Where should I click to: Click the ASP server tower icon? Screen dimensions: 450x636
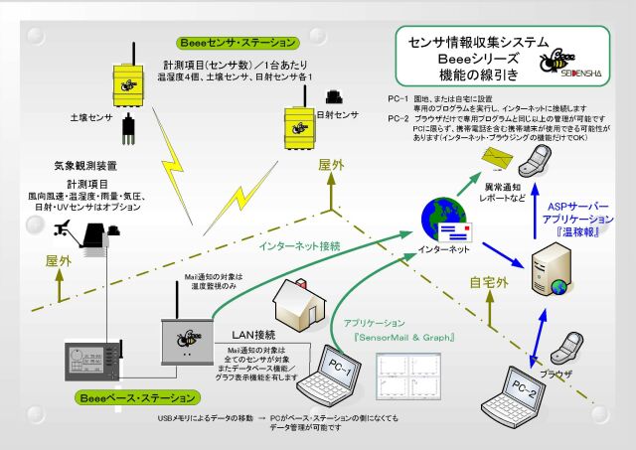(552, 270)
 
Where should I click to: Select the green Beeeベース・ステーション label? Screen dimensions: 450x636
(132, 397)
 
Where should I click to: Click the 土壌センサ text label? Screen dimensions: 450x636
(88, 116)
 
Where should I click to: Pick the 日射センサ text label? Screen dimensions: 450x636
(338, 115)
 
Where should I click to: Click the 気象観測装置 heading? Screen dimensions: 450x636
(85, 166)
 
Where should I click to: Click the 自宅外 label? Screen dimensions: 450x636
(488, 281)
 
